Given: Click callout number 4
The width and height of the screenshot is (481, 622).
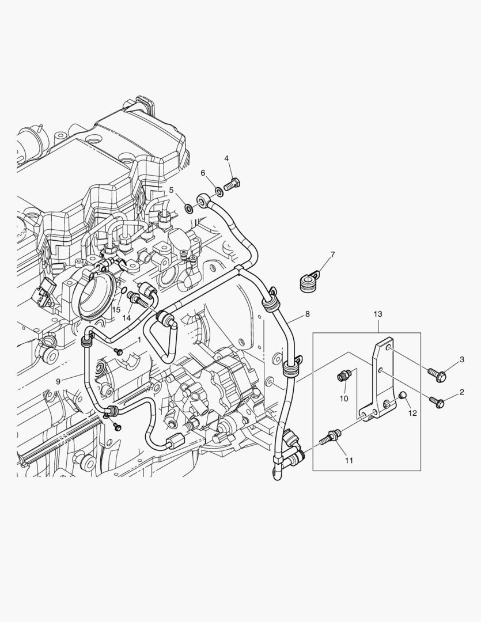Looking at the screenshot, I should click(x=226, y=158).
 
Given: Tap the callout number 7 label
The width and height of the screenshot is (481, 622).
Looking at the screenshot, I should click(x=332, y=255).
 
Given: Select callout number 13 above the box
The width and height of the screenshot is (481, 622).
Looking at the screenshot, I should click(x=378, y=314).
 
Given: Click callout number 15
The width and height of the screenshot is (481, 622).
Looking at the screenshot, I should click(x=116, y=310).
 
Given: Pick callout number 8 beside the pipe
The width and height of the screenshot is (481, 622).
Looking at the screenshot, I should click(x=307, y=314).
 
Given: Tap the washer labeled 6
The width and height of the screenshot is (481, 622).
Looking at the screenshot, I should click(x=219, y=191).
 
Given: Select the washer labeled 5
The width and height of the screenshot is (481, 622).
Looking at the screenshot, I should click(x=189, y=207).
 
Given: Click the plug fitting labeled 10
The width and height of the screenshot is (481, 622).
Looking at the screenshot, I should click(x=342, y=377).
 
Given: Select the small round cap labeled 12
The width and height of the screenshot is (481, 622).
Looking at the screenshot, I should click(x=403, y=395).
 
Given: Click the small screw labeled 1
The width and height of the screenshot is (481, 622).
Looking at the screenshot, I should click(x=119, y=351).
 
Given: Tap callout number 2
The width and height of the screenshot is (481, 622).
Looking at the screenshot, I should click(x=461, y=392).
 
